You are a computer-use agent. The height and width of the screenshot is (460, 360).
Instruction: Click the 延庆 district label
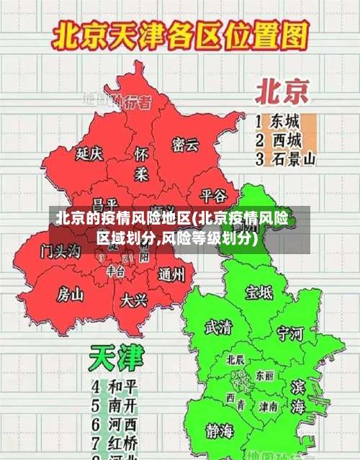point(90,153)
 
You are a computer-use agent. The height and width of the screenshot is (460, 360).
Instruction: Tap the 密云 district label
point(185,145)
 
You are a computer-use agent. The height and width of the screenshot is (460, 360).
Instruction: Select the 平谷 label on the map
point(213,195)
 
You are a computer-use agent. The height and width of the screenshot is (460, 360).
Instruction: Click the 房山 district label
point(71,294)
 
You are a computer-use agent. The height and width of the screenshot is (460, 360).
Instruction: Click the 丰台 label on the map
point(115,271)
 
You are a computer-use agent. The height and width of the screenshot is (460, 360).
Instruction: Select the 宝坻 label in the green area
point(259,292)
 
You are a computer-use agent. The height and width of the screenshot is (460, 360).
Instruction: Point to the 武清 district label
point(218,328)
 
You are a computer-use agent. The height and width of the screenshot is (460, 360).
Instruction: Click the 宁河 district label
point(291,333)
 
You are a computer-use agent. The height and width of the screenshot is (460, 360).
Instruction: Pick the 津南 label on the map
point(269,407)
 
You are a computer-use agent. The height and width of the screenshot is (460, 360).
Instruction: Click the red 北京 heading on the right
point(282,91)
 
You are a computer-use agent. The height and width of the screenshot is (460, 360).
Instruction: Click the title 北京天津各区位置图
point(180,34)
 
